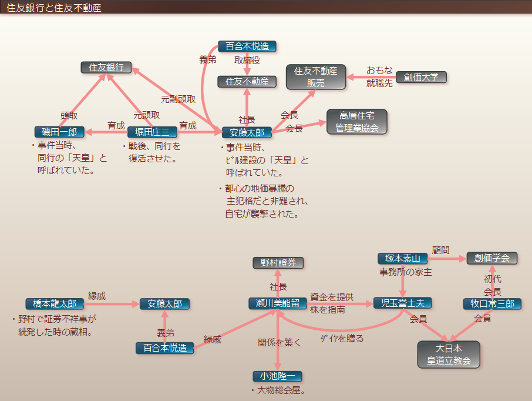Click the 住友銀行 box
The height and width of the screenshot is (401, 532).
click(x=106, y=67)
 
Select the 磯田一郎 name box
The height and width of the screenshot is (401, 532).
click(x=59, y=132)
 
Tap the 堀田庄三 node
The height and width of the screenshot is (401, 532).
click(x=152, y=132)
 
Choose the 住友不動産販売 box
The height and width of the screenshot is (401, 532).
click(x=315, y=77)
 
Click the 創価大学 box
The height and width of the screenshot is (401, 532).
click(x=421, y=77)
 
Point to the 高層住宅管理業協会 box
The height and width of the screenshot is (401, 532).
click(x=356, y=121)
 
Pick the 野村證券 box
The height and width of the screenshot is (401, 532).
click(x=278, y=262)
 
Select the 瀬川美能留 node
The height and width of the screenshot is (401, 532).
click(x=278, y=303)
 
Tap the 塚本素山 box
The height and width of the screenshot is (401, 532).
click(x=403, y=258)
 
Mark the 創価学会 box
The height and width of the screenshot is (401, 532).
click(x=492, y=258)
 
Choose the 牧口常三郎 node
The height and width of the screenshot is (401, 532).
click(x=492, y=303)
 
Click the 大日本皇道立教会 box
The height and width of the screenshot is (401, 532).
click(x=448, y=354)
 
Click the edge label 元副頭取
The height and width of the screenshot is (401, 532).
click(x=179, y=99)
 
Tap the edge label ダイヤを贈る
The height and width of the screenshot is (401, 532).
click(x=342, y=338)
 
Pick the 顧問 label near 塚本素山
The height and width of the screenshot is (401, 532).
click(x=440, y=250)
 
